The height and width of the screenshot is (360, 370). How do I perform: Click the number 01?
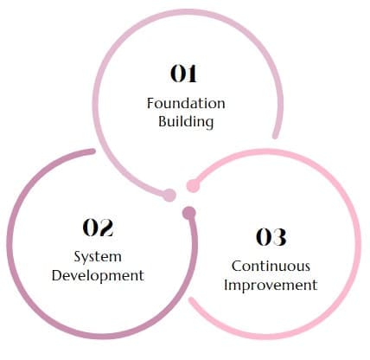(183, 74)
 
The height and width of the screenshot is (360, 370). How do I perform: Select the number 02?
(98, 228)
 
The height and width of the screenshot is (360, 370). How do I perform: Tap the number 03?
(271, 237)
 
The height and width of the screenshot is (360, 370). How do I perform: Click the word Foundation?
(186, 103)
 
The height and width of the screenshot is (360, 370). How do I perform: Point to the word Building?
(186, 121)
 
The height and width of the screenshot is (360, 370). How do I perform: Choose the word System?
(98, 257)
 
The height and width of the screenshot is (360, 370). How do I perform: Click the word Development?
(98, 276)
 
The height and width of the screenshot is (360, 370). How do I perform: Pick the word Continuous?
(271, 266)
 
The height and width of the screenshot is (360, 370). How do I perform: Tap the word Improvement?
(271, 285)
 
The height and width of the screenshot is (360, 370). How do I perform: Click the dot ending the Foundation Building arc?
(169, 196)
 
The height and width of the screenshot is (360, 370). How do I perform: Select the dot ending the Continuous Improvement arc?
(193, 185)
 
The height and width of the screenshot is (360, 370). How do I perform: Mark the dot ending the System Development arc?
(189, 213)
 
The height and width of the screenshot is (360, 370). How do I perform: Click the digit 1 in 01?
(191, 74)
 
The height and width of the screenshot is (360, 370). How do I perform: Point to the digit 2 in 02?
(106, 228)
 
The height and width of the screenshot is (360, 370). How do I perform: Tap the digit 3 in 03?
(279, 237)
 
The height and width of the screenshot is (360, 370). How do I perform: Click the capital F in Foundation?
(150, 104)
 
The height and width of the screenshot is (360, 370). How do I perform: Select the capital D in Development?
(57, 275)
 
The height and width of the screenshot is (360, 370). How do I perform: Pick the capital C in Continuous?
(237, 266)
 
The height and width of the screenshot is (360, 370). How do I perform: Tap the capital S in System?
(78, 256)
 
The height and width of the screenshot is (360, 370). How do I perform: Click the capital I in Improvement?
(226, 285)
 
